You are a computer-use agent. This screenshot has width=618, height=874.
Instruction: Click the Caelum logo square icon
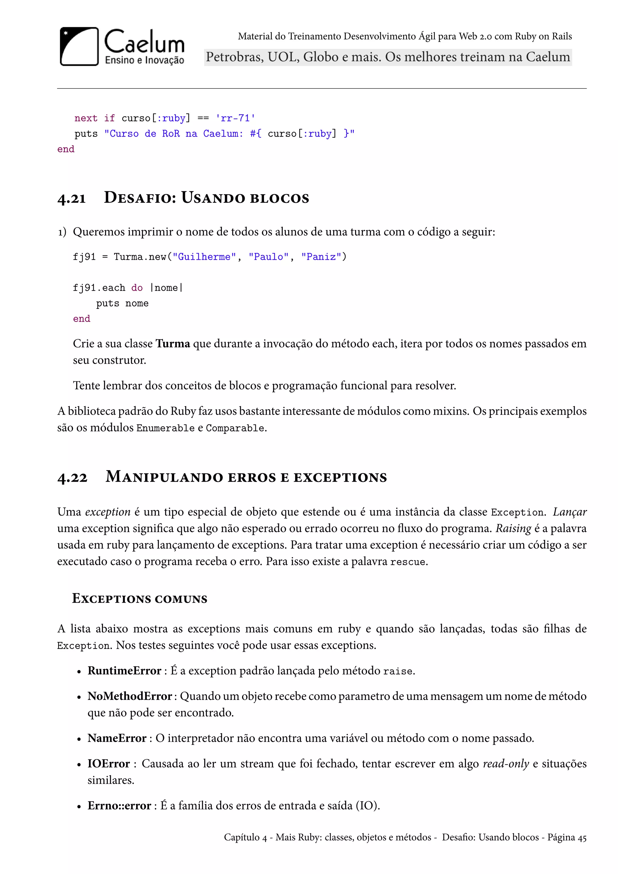click(79, 46)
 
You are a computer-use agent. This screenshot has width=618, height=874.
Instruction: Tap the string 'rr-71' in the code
click(235, 118)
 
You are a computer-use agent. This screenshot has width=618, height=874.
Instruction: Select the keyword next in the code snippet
click(86, 118)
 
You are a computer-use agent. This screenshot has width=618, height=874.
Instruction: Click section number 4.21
click(72, 198)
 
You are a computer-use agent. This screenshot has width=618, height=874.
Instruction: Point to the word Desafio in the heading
click(140, 198)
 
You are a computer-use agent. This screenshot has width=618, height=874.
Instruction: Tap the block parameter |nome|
click(167, 288)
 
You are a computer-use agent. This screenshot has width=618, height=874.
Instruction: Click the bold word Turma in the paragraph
click(173, 344)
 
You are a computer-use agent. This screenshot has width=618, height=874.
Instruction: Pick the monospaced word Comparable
click(235, 428)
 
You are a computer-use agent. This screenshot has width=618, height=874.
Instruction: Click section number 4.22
click(72, 477)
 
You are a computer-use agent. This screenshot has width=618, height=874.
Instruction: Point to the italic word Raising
click(513, 529)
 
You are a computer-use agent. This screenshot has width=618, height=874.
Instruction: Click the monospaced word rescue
click(408, 562)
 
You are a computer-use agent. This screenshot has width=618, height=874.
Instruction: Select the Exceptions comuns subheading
click(140, 599)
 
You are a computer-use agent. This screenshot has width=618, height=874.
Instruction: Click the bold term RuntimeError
click(124, 671)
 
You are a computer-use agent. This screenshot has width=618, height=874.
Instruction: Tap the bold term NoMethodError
click(130, 696)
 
